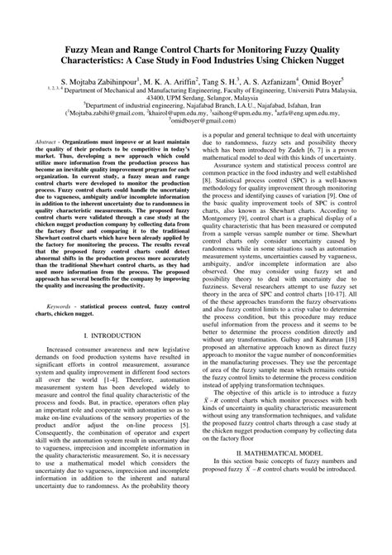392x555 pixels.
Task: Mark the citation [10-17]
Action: click(327, 269)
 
